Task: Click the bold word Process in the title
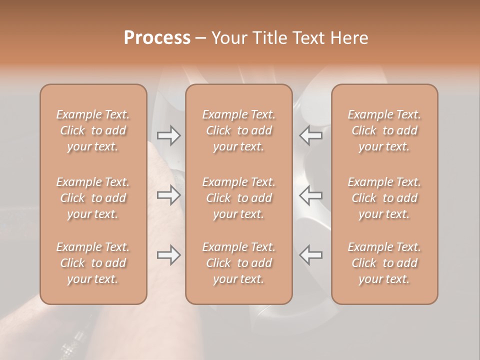click(x=157, y=38)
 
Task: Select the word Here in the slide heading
click(x=350, y=38)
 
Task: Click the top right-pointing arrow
click(x=168, y=135)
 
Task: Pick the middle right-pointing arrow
click(x=168, y=195)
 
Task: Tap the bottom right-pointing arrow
click(x=168, y=255)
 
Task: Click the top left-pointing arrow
click(x=311, y=135)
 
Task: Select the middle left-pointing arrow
click(x=311, y=195)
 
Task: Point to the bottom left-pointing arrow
click(x=311, y=255)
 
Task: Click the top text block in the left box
click(x=93, y=130)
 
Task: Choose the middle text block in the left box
click(x=93, y=198)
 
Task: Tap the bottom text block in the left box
click(x=93, y=263)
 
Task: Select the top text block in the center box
click(x=239, y=130)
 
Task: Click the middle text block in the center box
click(x=239, y=198)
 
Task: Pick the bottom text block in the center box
click(x=239, y=263)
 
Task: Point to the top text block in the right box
click(x=384, y=130)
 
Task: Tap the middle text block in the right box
click(x=384, y=198)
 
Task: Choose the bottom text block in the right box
click(x=384, y=263)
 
